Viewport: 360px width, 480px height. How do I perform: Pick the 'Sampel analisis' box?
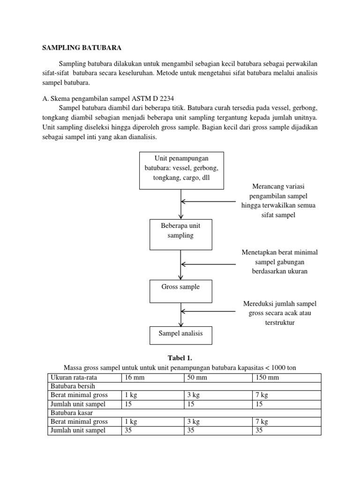click(x=180, y=335)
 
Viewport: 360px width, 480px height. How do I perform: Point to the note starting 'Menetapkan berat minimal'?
click(x=280, y=262)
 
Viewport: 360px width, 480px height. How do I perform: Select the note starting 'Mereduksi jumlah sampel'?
click(x=280, y=313)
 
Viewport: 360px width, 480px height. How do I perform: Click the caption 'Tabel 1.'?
click(x=180, y=358)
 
